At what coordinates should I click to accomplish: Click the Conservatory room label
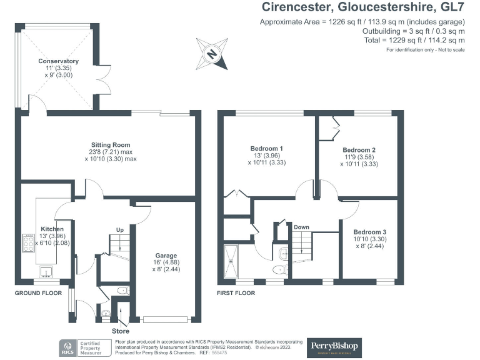coord(58,61)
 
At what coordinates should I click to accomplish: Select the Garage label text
coord(166,256)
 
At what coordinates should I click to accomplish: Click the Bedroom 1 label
coord(264,148)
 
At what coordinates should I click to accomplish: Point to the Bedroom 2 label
coord(359,150)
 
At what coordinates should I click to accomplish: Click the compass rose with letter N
coord(211,54)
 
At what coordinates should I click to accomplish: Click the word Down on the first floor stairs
coord(302,227)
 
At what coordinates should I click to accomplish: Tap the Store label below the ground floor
coord(120,331)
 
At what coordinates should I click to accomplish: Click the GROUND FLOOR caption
coord(38,292)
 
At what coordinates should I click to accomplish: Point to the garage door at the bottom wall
coord(166,319)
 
